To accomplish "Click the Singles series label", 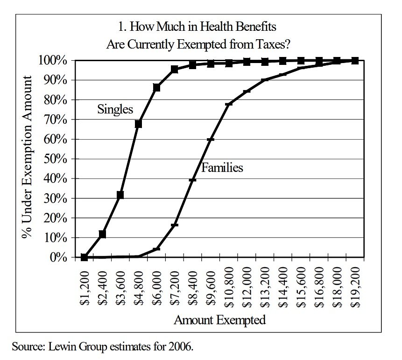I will (115, 109).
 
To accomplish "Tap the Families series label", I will (222, 168).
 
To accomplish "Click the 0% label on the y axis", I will (60, 257).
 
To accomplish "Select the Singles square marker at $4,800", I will (138, 124).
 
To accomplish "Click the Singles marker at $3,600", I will (120, 195).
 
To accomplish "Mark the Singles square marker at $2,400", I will (102, 234).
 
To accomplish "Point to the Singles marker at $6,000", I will (156, 87).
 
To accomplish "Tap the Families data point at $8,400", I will (192, 180).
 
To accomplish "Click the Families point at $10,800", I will (229, 104).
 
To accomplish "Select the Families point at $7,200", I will (175, 225).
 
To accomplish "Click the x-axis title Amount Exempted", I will (219, 320).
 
